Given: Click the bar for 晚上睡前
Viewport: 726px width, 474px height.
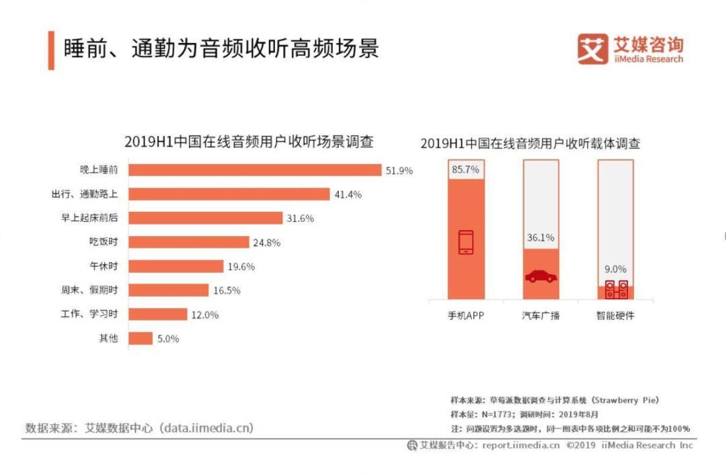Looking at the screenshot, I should pyautogui.click(x=255, y=169).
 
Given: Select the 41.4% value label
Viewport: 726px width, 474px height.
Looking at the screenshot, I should pyautogui.click(x=348, y=194).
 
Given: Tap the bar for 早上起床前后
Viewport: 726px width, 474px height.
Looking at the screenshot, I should pyautogui.click(x=205, y=218).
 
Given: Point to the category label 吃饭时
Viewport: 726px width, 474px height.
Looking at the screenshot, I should pyautogui.click(x=104, y=242).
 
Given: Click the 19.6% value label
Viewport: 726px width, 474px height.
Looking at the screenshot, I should pyautogui.click(x=241, y=266).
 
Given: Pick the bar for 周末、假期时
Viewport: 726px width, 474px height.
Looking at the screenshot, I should pyautogui.click(x=168, y=290).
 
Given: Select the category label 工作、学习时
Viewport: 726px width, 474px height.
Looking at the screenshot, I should pyautogui.click(x=89, y=315).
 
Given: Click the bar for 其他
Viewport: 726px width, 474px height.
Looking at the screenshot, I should pyautogui.click(x=140, y=338).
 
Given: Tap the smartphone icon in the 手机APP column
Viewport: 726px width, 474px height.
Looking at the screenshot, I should pyautogui.click(x=465, y=243).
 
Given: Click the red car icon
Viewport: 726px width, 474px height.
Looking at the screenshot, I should pyautogui.click(x=540, y=276).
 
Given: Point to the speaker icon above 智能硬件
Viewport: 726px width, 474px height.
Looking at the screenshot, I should pyautogui.click(x=616, y=289).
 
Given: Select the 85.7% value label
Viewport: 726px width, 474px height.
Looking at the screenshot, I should pyautogui.click(x=465, y=170).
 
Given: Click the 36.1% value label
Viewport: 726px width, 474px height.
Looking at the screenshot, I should pyautogui.click(x=540, y=238).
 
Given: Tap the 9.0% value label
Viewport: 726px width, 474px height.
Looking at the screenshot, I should pyautogui.click(x=616, y=269).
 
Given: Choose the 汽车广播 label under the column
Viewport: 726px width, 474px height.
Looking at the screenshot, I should pyautogui.click(x=540, y=315).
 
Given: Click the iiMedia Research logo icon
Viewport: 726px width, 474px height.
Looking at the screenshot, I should pyautogui.click(x=592, y=49).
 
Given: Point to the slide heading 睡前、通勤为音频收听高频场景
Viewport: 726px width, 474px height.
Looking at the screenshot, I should pyautogui.click(x=221, y=49).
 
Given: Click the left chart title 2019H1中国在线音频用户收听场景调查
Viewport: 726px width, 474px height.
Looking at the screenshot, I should pyautogui.click(x=249, y=142).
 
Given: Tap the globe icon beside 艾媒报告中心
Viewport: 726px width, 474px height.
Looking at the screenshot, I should pyautogui.click(x=412, y=445).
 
